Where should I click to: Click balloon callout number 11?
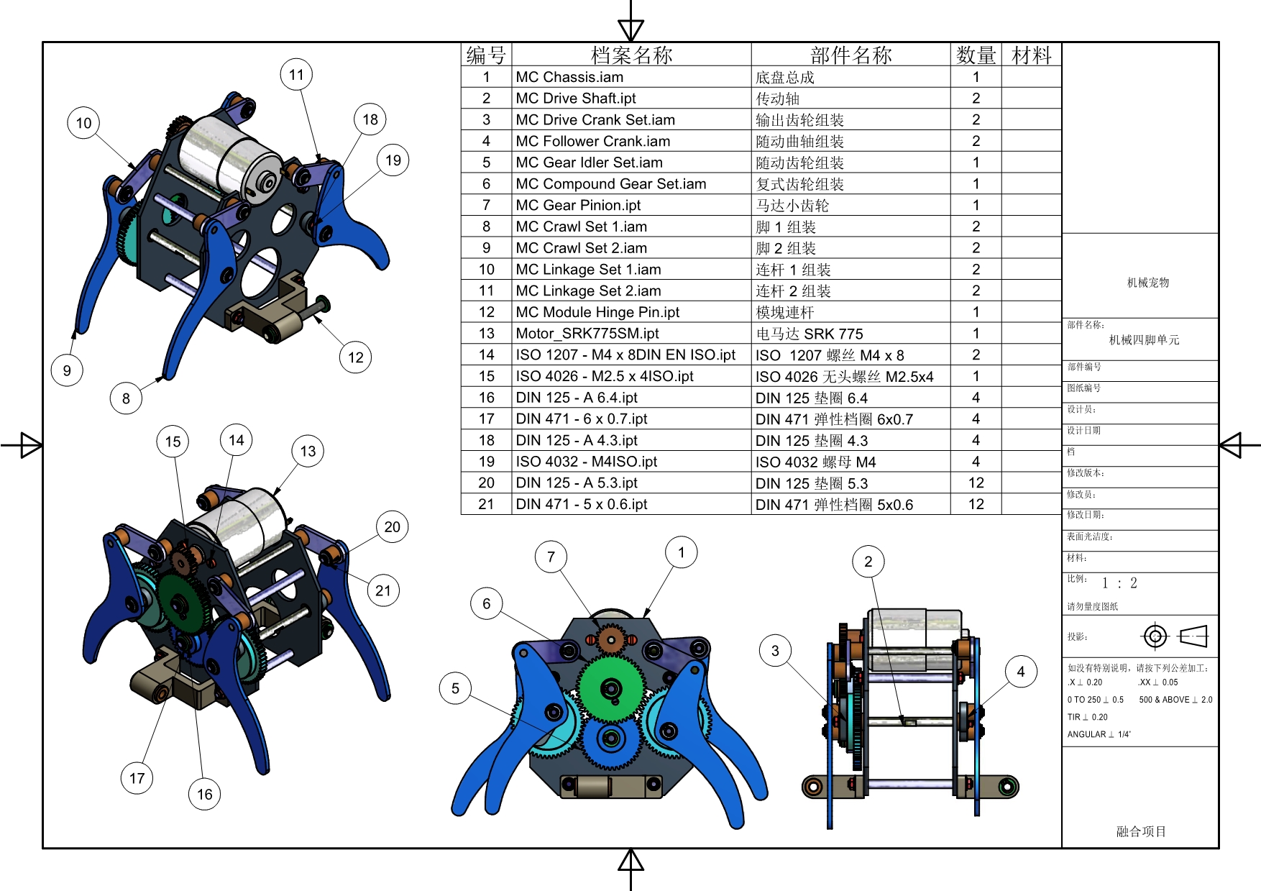click(296, 74)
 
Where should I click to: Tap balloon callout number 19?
click(393, 160)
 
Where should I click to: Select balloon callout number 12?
click(355, 357)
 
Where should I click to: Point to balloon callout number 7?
click(551, 557)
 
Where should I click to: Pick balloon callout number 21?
click(383, 590)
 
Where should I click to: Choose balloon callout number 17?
click(137, 778)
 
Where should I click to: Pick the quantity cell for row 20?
click(976, 483)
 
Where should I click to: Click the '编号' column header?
click(486, 55)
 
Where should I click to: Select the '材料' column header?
click(1031, 55)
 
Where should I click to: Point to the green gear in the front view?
click(611, 688)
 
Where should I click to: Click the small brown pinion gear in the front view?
click(611, 639)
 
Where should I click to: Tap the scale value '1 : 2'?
click(1119, 583)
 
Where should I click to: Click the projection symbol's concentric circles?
click(1155, 636)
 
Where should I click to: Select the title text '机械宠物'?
click(1147, 283)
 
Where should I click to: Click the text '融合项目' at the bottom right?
click(1141, 831)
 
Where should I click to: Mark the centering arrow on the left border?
click(29, 445)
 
